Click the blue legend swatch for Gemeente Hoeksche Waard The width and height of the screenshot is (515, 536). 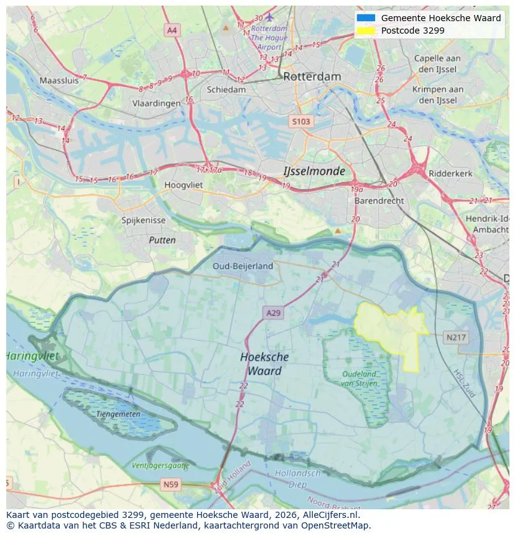pyautogui.click(x=366, y=18)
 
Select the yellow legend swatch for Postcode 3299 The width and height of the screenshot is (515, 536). pyautogui.click(x=366, y=31)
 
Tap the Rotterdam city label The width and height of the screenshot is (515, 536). pyautogui.click(x=312, y=77)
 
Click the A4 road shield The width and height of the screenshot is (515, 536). pyautogui.click(x=172, y=30)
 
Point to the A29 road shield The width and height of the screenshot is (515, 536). pyautogui.click(x=273, y=313)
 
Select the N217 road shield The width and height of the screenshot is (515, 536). pyautogui.click(x=456, y=337)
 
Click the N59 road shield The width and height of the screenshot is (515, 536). pyautogui.click(x=170, y=484)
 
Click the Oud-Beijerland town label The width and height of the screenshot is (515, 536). pyautogui.click(x=243, y=266)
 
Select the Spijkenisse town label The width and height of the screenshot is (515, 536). pyautogui.click(x=144, y=220)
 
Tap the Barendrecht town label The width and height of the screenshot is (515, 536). pyautogui.click(x=379, y=201)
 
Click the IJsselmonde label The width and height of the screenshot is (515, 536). pyautogui.click(x=313, y=171)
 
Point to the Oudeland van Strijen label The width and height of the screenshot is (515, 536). pyautogui.click(x=360, y=378)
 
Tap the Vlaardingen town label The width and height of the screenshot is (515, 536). pyautogui.click(x=156, y=104)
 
